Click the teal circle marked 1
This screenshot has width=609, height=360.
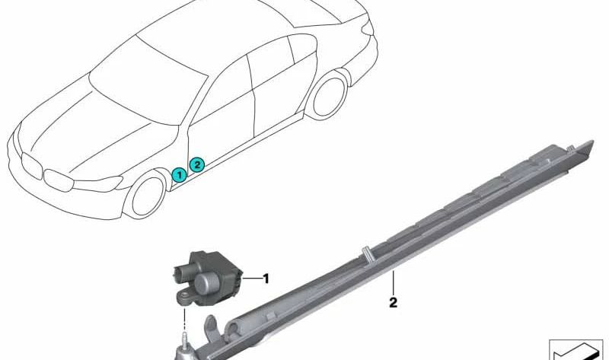[x=179, y=176]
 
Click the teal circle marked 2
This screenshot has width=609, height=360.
[x=197, y=165]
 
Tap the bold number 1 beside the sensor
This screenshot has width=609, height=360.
[x=266, y=279]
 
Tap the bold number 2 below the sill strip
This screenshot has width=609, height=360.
[x=393, y=303]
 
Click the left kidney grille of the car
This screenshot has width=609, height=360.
[x=31, y=165]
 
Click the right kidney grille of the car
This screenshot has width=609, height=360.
[x=59, y=180]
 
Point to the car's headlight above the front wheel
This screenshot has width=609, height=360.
[x=98, y=183]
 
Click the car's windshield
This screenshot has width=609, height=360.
[x=147, y=85]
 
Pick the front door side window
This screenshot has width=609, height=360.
[x=222, y=89]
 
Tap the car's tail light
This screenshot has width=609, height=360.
[x=368, y=29]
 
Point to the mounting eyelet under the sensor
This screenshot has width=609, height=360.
[x=182, y=297]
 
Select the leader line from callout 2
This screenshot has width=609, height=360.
[x=393, y=282]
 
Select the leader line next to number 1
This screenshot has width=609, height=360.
[x=252, y=279]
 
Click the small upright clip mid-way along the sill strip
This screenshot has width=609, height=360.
[x=366, y=253]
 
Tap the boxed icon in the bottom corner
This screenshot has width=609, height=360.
[x=576, y=349]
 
